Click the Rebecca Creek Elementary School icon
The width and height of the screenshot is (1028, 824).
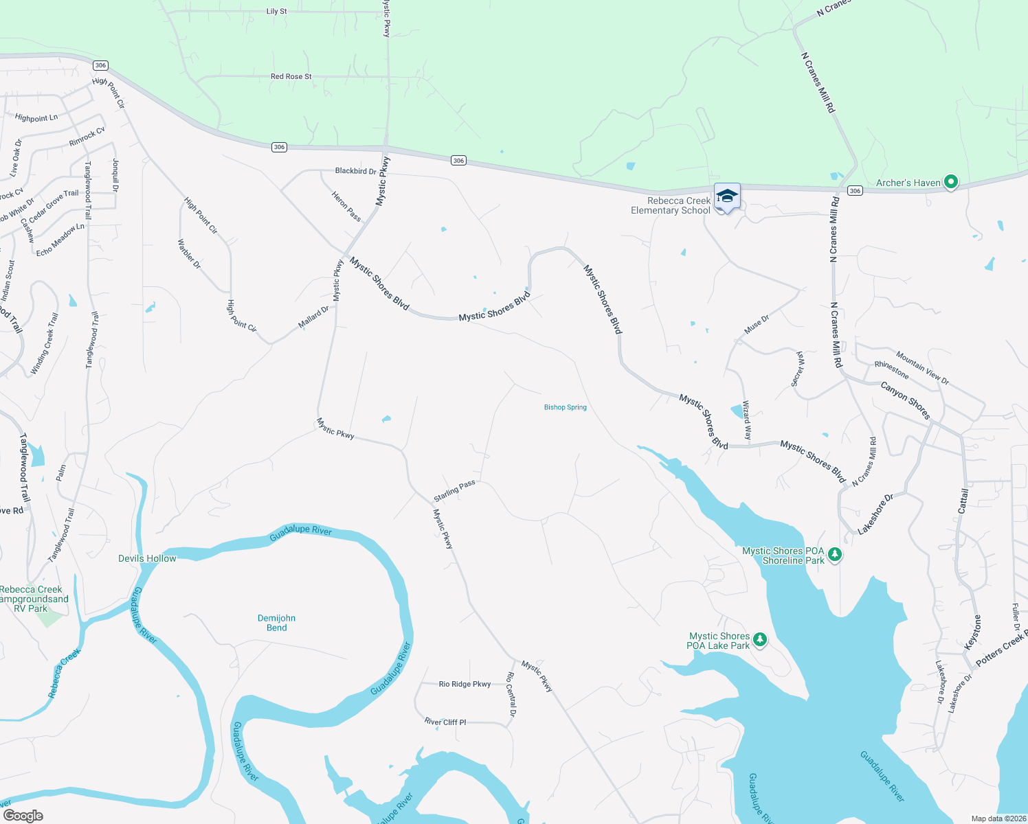click(x=727, y=197)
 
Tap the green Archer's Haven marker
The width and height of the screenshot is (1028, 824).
click(x=951, y=182)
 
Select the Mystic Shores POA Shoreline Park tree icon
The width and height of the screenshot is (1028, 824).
click(x=835, y=554)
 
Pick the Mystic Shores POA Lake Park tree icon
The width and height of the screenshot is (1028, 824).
click(x=759, y=640)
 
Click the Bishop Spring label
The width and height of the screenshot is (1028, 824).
click(x=565, y=407)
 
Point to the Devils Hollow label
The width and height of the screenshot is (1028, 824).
click(x=147, y=558)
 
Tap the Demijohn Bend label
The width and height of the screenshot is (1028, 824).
click(x=276, y=623)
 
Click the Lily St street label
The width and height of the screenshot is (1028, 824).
click(x=277, y=12)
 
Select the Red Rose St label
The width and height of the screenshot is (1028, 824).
click(x=291, y=77)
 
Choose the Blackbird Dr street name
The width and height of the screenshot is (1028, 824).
click(x=355, y=171)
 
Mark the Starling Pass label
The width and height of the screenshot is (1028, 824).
click(x=454, y=491)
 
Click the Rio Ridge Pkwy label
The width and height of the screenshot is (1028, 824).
click(x=465, y=684)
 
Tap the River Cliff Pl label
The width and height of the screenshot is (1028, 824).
click(x=445, y=722)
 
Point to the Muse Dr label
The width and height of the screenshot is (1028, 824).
click(x=757, y=324)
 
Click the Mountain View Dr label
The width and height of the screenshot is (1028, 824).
click(x=922, y=369)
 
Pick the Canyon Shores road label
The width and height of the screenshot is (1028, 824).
click(x=905, y=400)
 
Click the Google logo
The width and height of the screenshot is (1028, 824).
click(x=23, y=816)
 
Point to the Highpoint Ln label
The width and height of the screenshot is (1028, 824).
click(x=36, y=118)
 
